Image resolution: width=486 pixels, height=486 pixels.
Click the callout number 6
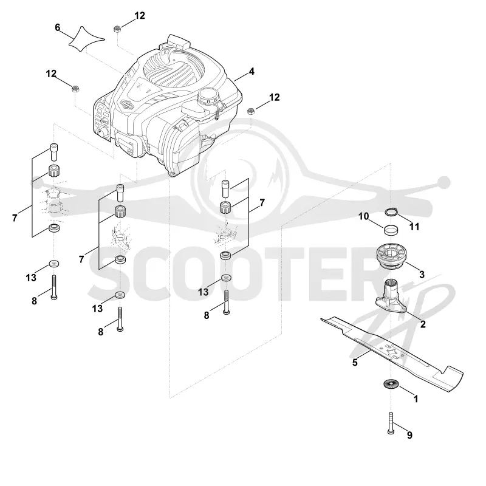(x=57, y=27)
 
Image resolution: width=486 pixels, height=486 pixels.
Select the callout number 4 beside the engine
(x=252, y=72)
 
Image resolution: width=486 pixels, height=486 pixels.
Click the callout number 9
(x=409, y=435)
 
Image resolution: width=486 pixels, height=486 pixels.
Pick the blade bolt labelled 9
(x=391, y=423)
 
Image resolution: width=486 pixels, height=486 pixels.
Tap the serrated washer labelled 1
(x=391, y=385)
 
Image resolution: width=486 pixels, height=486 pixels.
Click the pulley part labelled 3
(x=391, y=256)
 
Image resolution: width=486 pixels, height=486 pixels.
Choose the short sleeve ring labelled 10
(x=391, y=230)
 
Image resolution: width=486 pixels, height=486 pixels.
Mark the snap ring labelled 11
(x=391, y=212)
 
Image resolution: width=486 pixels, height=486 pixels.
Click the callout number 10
(x=363, y=216)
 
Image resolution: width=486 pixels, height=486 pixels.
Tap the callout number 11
(x=414, y=227)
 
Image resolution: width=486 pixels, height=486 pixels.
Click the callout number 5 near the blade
(x=355, y=362)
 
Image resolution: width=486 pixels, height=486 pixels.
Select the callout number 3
(x=422, y=275)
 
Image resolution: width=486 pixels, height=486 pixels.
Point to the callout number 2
(x=423, y=324)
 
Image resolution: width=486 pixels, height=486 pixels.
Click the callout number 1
(x=416, y=399)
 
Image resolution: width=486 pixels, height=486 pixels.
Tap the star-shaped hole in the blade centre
(x=391, y=352)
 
